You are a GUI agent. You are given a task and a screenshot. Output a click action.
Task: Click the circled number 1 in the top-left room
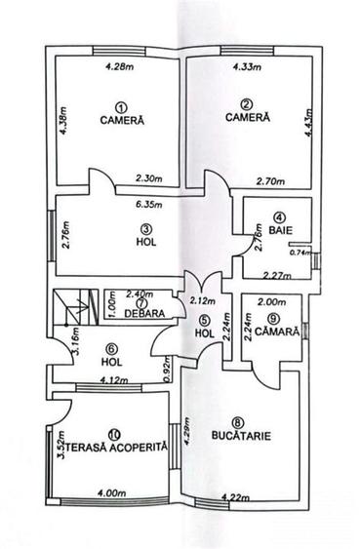tap(121, 106)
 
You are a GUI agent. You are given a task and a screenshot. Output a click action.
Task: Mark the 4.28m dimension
tap(119, 67)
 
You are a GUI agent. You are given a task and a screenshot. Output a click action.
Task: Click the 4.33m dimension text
tap(249, 67)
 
